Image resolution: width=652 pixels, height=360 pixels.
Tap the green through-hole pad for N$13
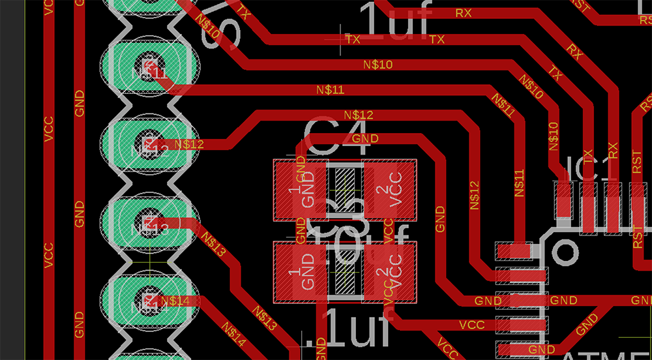[x=149, y=222]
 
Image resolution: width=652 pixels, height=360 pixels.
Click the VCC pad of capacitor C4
[x=390, y=189]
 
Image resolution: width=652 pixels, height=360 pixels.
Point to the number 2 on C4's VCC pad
[x=381, y=189]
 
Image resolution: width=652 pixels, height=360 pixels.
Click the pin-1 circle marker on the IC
[x=565, y=251]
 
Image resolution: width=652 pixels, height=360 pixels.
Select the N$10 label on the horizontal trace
[x=378, y=64]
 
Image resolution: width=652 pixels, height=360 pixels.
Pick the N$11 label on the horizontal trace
[x=330, y=89]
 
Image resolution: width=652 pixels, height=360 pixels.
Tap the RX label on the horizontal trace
[x=464, y=12]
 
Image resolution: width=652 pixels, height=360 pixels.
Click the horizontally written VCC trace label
[x=472, y=324]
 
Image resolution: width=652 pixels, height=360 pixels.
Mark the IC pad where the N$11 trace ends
[x=514, y=250]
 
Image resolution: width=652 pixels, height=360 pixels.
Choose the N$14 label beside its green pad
[x=175, y=301]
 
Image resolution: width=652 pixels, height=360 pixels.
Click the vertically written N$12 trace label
[x=475, y=195]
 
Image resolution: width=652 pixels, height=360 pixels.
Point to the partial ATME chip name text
[x=604, y=355]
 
